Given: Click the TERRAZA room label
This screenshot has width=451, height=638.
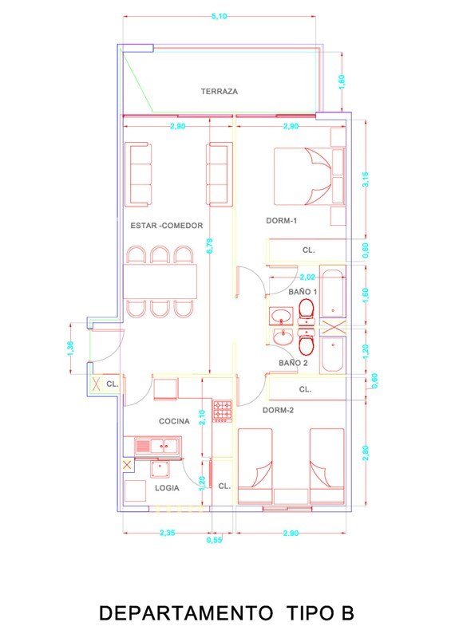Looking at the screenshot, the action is (220, 91).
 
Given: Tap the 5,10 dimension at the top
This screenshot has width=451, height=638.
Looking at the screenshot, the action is (220, 16).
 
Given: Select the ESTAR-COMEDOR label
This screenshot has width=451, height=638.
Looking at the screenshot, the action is (167, 226).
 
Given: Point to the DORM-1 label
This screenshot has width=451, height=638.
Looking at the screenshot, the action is (282, 221).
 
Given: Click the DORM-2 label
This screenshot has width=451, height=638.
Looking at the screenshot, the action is (279, 410).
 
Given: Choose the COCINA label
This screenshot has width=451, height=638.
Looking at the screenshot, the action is (174, 421).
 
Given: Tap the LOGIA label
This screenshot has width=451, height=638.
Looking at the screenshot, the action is (167, 488).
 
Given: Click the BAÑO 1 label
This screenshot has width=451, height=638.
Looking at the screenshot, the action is (303, 291).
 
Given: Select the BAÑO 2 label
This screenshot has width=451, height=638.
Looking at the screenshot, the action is (293, 363).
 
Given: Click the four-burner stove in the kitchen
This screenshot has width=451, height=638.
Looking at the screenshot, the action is (223, 411).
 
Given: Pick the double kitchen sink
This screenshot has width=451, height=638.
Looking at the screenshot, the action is (158, 446).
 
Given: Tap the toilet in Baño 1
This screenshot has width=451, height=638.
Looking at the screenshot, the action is (307, 312).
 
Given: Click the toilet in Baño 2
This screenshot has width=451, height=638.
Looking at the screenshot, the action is (307, 341).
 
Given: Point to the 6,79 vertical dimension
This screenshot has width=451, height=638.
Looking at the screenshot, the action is (210, 246).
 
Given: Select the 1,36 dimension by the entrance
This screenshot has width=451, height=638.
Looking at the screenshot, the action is (70, 349).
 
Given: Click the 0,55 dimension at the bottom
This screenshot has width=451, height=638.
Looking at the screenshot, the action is (214, 540).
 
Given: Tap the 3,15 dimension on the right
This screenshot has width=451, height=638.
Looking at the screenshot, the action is (365, 179).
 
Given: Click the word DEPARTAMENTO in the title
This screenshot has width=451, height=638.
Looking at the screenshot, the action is (186, 612).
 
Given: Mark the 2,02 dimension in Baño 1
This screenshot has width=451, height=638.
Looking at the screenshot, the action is (307, 277).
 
